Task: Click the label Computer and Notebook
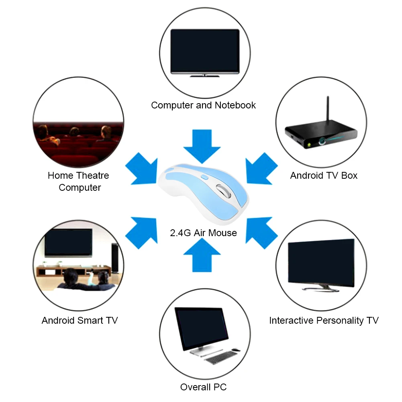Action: coord(203,105)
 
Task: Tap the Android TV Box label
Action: coord(324,175)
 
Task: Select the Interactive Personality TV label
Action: coord(324,320)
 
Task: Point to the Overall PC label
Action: coord(203,387)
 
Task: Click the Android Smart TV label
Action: coord(80,320)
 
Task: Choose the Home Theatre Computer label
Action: coord(78,182)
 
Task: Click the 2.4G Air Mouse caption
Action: coord(203,233)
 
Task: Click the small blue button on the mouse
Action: coord(204,177)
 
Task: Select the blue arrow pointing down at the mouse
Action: coord(202,146)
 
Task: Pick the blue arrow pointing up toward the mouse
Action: coord(202,255)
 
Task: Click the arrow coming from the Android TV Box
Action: coord(261,169)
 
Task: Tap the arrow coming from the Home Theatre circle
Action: coord(142,169)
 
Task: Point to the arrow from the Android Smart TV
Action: coord(142,233)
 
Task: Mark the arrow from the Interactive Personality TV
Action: coord(261,233)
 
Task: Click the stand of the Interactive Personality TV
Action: coord(320,288)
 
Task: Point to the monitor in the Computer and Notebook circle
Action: coord(205,53)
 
